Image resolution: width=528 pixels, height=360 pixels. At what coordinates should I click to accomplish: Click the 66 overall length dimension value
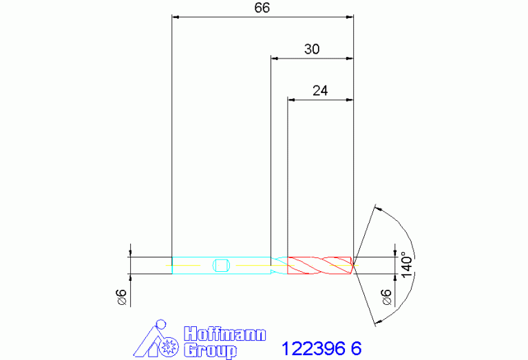point(262,8)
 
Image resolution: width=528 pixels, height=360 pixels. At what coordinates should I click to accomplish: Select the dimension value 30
point(311,50)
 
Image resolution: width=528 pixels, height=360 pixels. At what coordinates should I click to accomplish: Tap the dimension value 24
point(319,90)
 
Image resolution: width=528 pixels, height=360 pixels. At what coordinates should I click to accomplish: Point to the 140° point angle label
point(408,264)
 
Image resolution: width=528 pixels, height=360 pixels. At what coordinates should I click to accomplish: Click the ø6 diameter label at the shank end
point(121,296)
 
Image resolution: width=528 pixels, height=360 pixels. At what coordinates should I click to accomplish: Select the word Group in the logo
point(210,350)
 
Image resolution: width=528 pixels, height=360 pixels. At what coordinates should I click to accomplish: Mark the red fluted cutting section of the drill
point(319,264)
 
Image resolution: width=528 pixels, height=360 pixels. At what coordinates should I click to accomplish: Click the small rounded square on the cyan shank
point(221,264)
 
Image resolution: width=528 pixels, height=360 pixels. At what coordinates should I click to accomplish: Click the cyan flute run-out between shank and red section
point(279,264)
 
